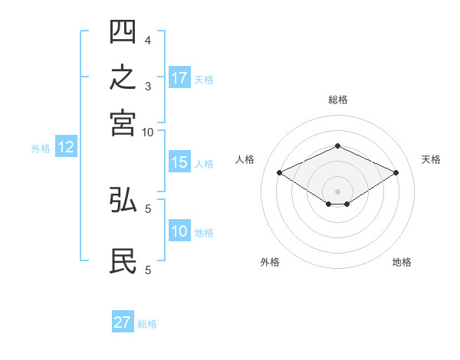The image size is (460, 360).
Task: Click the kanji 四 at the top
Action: coord(123,31)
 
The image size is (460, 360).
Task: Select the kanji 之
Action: coord(123,77)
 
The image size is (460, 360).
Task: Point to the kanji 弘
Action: coord(123,199)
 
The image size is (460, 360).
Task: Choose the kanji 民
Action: coord(123,260)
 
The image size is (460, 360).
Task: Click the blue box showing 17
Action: coord(179,77)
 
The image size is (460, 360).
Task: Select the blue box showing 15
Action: coord(179,162)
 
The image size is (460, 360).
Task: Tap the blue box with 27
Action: coord(123,321)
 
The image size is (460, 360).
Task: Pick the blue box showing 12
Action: coord(66,146)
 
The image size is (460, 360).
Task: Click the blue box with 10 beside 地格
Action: coord(179,230)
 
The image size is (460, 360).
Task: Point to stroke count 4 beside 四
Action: coord(148,41)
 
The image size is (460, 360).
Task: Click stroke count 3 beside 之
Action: coord(148,87)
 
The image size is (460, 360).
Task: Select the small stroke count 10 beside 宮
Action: coord(147,133)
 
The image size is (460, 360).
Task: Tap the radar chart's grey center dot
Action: coord(337,191)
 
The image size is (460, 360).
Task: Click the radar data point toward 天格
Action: coord(396,172)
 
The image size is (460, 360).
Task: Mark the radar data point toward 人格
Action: coord(280,172)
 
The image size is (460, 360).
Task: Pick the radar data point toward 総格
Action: coord(337,146)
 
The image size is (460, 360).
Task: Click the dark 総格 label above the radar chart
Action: coord(338,100)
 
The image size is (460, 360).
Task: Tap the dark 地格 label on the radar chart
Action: coord(402,262)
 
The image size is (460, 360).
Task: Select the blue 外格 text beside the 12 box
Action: coord(41,149)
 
